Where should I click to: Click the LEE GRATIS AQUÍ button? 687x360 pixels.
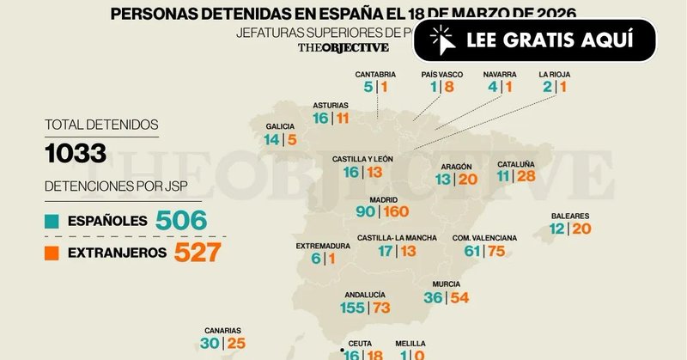[534, 40]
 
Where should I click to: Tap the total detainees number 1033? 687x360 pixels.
[76, 154]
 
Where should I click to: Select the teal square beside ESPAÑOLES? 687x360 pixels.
[51, 221]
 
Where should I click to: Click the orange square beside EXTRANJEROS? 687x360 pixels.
[51, 252]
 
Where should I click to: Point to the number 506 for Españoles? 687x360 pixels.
[181, 221]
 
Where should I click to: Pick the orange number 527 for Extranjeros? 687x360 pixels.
[198, 252]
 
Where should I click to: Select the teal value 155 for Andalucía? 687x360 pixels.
[352, 308]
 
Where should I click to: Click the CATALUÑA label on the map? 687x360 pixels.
[515, 163]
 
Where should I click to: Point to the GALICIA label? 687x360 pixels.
[281, 125]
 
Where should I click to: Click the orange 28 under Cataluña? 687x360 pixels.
[526, 177]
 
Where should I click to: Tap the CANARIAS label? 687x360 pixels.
[222, 330]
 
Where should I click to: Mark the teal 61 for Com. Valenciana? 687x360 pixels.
[472, 251]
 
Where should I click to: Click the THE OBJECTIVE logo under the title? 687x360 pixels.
[343, 47]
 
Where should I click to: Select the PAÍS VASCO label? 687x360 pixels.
[442, 74]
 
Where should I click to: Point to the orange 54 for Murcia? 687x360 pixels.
[459, 297]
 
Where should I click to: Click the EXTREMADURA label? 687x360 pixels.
[323, 246]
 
